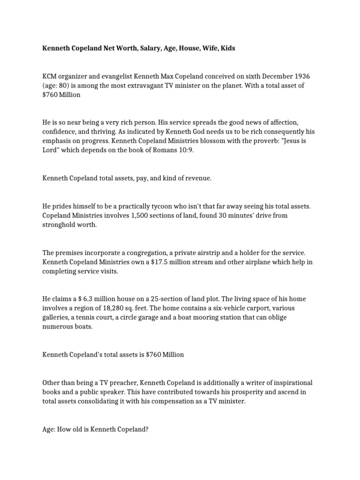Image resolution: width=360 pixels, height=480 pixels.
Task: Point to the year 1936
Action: tap(300, 76)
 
